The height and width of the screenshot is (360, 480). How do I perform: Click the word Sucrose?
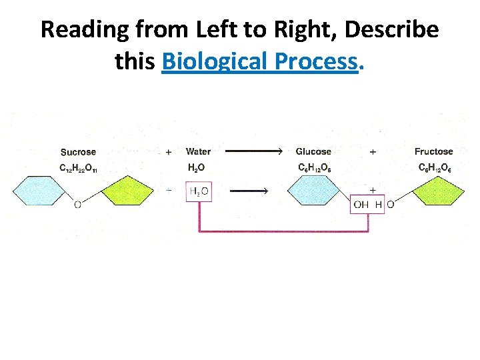pyautogui.click(x=78, y=152)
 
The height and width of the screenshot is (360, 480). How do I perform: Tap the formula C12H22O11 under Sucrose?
pyautogui.click(x=78, y=169)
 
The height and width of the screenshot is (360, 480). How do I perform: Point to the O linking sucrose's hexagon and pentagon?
pyautogui.click(x=78, y=205)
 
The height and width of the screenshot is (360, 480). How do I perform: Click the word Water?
pyautogui.click(x=198, y=152)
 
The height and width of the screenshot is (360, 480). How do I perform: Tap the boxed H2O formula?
pyautogui.click(x=199, y=192)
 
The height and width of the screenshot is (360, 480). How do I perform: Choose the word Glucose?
pyautogui.click(x=313, y=152)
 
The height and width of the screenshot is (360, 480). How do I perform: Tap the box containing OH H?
pyautogui.click(x=367, y=204)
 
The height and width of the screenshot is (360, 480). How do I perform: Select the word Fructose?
pyautogui.click(x=433, y=152)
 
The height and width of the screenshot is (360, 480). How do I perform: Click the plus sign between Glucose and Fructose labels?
pyautogui.click(x=373, y=152)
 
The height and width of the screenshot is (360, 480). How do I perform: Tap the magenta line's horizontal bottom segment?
pyautogui.click(x=283, y=231)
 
